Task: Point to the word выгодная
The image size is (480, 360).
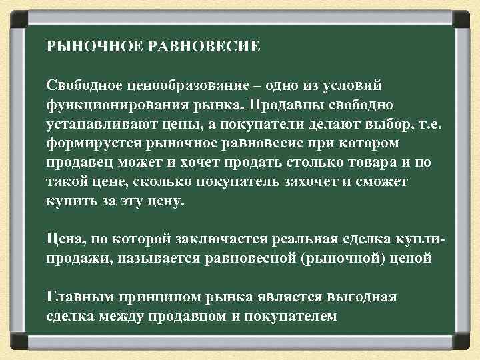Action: coord(363,296)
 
